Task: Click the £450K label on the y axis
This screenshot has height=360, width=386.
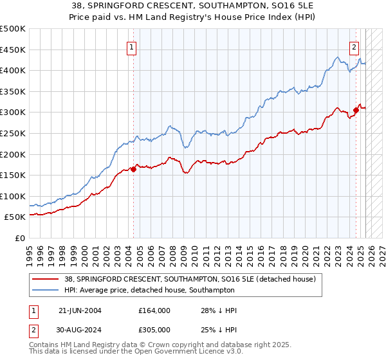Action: click(13, 50)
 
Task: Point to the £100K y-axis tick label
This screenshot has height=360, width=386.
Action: click(13, 196)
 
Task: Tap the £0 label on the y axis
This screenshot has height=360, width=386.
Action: click(20, 238)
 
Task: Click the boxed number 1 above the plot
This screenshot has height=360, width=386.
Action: click(131, 46)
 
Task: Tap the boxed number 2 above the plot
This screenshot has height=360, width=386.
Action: click(354, 46)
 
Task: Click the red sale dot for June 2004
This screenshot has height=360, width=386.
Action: click(133, 170)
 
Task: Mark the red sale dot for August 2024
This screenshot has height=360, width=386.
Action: click(356, 111)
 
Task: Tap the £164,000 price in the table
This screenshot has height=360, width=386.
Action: click(154, 310)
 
